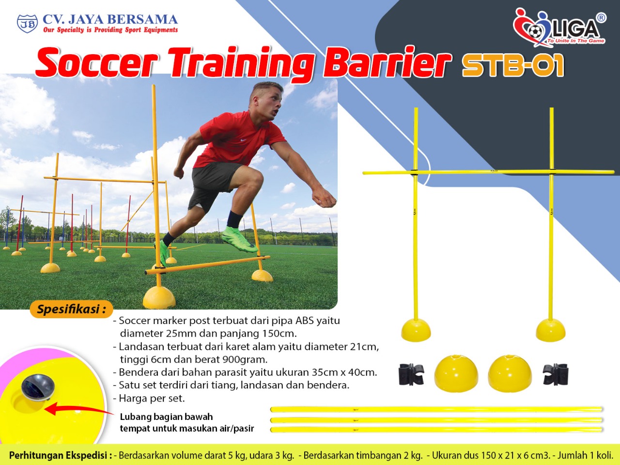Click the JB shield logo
click(27, 24)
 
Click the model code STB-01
click(512, 65)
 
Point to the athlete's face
click(270, 104)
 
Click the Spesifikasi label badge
click(71, 309)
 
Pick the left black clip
click(411, 374)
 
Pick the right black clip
click(556, 374)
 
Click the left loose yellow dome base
click(456, 373)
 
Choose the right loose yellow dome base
click(510, 373)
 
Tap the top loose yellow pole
click(436, 409)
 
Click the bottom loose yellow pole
click(436, 430)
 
